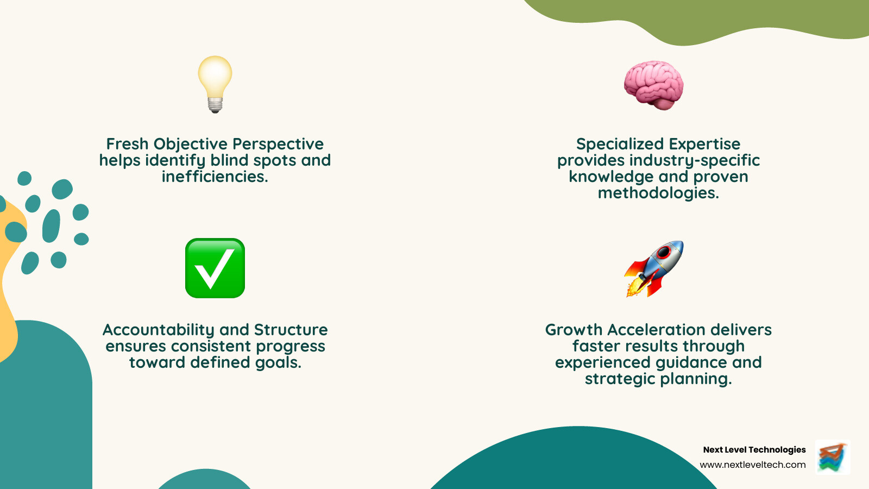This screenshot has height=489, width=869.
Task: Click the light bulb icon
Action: pyautogui.click(x=215, y=81)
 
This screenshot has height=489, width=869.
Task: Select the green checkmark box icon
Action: pyautogui.click(x=215, y=268)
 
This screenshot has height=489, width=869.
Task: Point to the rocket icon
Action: pyautogui.click(x=654, y=268)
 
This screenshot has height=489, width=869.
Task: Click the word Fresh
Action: pyautogui.click(x=127, y=144)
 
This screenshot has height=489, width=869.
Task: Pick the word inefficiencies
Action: pyautogui.click(x=215, y=177)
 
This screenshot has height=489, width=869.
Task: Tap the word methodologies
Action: pyautogui.click(x=658, y=193)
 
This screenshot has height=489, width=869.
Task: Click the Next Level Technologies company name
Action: pyautogui.click(x=754, y=449)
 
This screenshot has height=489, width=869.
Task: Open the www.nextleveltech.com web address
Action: pyautogui.click(x=752, y=465)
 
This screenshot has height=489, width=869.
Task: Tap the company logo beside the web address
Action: pyautogui.click(x=833, y=457)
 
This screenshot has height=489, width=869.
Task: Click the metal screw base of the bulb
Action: pyautogui.click(x=215, y=104)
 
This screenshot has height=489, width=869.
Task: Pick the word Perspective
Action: pyautogui.click(x=278, y=144)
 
